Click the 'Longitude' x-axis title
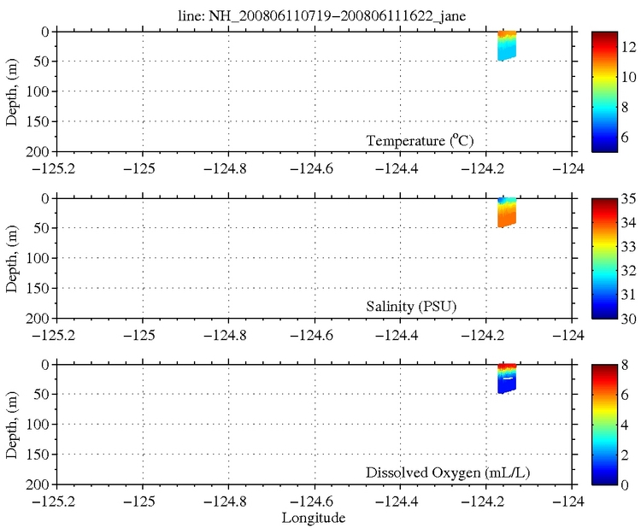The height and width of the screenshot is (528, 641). click(314, 518)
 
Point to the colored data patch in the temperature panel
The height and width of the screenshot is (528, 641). click(507, 46)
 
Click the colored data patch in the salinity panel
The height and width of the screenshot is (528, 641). click(507, 212)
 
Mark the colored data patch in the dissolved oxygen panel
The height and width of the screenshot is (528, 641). click(507, 378)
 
